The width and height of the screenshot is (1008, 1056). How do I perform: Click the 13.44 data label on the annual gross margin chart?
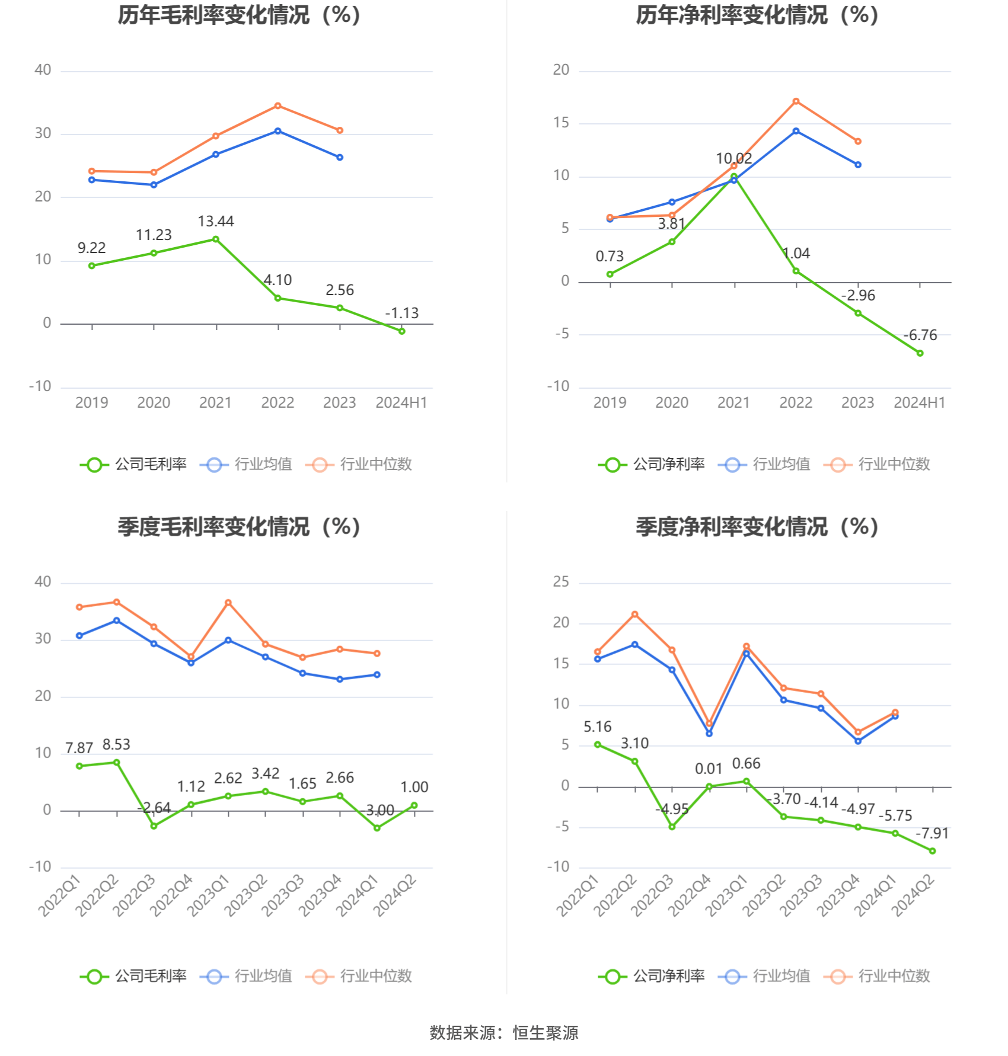click(x=216, y=222)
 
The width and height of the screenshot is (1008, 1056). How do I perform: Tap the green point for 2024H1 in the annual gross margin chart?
click(x=402, y=331)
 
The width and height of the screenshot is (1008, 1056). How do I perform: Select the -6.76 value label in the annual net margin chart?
click(x=920, y=335)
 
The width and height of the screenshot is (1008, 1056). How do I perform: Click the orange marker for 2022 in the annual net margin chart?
click(x=796, y=101)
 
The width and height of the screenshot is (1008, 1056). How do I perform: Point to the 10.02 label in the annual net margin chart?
click(x=734, y=159)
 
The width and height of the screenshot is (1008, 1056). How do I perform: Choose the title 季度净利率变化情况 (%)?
click(x=757, y=527)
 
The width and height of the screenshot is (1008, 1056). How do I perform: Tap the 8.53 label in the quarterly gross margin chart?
click(x=116, y=745)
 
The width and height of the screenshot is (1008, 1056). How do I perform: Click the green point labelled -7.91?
click(x=933, y=851)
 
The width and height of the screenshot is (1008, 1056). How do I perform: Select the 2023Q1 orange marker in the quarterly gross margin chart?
click(x=228, y=603)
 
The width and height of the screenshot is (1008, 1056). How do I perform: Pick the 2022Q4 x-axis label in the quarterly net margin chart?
click(x=690, y=896)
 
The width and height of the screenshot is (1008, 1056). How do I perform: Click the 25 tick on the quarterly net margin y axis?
click(x=561, y=582)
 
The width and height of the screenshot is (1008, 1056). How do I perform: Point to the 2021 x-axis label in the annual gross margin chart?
click(x=215, y=403)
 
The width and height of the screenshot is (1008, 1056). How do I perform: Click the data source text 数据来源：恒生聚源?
click(x=504, y=1033)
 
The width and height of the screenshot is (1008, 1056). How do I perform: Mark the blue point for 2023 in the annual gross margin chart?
click(x=340, y=158)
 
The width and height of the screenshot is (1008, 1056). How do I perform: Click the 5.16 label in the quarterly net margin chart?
click(x=597, y=727)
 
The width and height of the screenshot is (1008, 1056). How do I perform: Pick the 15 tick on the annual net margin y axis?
click(x=561, y=123)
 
